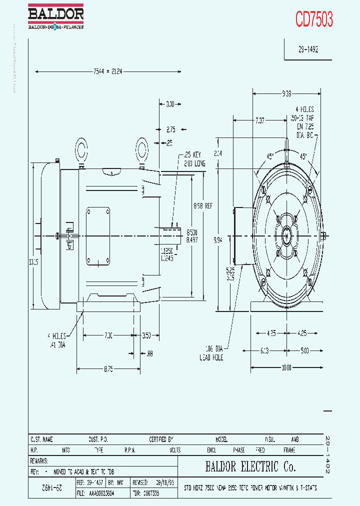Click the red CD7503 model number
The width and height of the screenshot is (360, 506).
pyautogui.click(x=314, y=19)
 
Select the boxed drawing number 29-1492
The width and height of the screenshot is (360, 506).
pyautogui.click(x=308, y=50)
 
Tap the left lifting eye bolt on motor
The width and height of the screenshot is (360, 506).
pyautogui.click(x=81, y=149)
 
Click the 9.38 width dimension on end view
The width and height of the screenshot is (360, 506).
pyautogui.click(x=286, y=93)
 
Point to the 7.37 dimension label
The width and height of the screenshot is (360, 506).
pyautogui.click(x=260, y=120)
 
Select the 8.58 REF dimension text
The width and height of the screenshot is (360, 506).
pyautogui.click(x=202, y=205)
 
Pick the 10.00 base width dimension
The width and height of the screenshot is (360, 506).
pyautogui.click(x=286, y=368)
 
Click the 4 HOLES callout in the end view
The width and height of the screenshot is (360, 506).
pyautogui.click(x=304, y=109)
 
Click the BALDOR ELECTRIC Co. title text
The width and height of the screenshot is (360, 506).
pyautogui.click(x=250, y=467)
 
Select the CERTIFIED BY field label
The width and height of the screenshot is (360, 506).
pyautogui.click(x=161, y=439)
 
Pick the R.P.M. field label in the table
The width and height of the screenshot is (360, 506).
pyautogui.click(x=130, y=450)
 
